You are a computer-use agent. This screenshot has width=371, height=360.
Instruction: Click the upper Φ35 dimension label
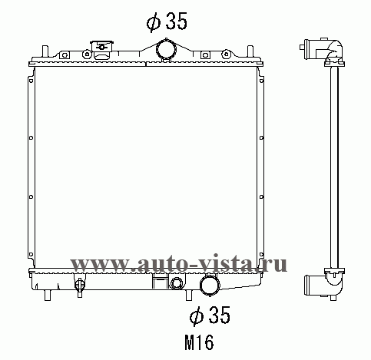pos(167,21)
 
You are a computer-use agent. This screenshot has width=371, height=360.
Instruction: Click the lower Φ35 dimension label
pos(210,315)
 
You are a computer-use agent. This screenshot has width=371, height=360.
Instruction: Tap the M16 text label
pos(199,342)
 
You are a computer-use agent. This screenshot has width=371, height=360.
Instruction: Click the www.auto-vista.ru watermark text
pos(178,263)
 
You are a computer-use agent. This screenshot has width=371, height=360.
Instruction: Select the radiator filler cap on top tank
pos(102,49)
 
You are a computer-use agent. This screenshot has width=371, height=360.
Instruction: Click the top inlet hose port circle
pos(167,49)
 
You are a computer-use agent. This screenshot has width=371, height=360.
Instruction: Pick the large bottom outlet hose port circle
pos(210,285)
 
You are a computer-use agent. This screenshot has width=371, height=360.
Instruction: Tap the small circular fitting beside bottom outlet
pos(177,283)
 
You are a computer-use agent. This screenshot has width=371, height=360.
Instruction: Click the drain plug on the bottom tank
pos(79,286)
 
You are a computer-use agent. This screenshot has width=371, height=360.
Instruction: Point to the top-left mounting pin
pos(45,52)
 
